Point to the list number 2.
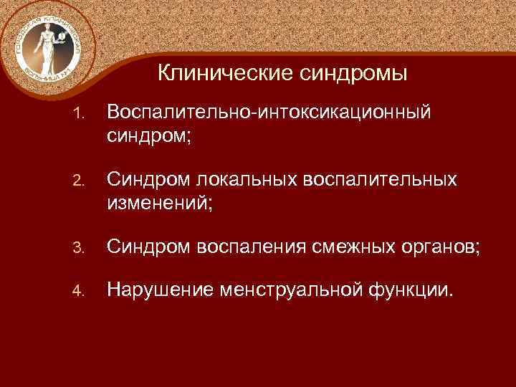click(80, 181)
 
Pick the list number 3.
click(80, 249)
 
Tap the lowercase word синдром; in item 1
click(149, 135)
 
